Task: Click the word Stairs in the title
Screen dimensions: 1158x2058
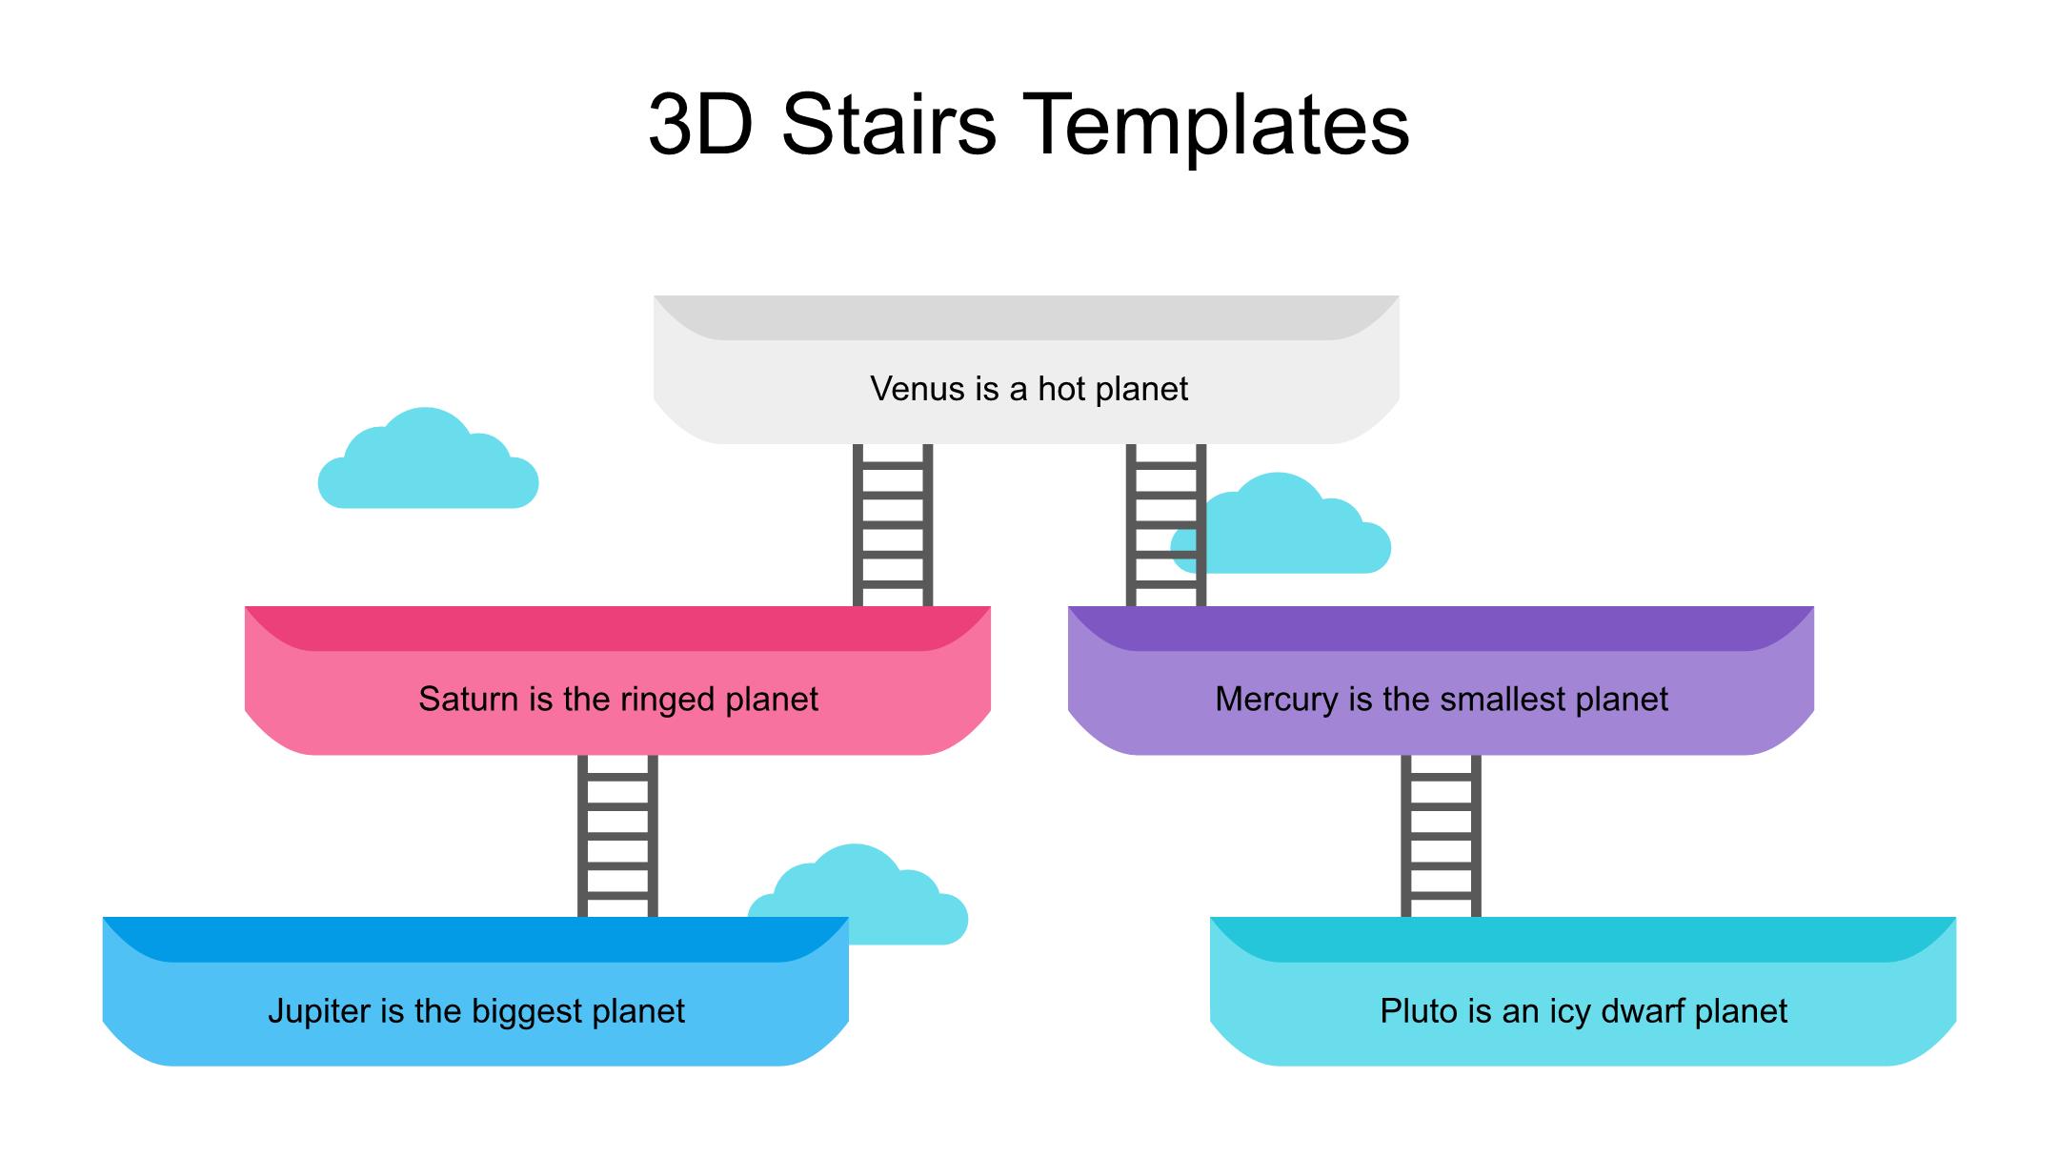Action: [888, 125]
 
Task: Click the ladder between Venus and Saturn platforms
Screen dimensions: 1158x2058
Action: [893, 524]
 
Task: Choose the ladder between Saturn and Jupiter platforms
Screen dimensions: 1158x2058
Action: [617, 836]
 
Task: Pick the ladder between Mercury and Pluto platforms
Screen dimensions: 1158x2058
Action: [1441, 836]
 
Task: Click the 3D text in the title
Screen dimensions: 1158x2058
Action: [700, 125]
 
